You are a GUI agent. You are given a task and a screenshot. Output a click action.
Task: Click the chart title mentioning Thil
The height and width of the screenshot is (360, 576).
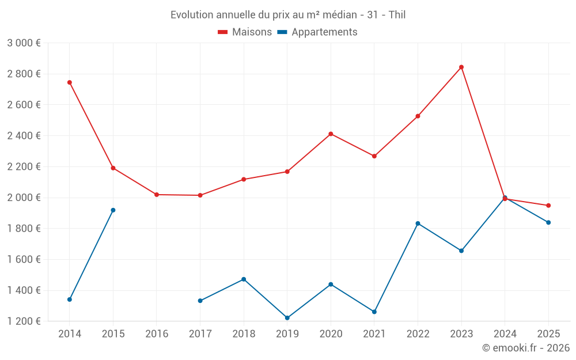288,14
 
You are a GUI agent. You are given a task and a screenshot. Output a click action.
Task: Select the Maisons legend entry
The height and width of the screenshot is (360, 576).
245,32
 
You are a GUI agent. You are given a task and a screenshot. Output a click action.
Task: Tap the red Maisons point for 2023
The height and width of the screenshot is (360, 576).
461,67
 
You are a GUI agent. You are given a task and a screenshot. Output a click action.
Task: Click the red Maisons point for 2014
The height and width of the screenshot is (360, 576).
70,82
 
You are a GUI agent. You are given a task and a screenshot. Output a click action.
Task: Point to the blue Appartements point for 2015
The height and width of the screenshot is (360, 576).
113,210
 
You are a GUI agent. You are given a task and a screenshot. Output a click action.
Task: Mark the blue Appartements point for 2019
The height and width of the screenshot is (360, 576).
287,318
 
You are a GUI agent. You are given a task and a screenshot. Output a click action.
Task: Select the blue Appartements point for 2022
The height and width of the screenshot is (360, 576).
418,223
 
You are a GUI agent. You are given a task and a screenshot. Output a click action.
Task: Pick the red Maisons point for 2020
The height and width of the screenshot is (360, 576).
331,134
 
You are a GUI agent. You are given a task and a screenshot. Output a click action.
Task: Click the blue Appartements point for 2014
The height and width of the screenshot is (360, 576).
70,300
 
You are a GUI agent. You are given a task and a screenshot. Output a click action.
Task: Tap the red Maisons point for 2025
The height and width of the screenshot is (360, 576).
548,206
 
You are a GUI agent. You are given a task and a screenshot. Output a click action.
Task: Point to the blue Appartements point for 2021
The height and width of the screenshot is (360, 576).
374,312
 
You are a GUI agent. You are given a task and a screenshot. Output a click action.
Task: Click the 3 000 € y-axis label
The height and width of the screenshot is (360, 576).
24,43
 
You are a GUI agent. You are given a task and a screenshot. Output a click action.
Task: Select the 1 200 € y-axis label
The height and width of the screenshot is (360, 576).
24,321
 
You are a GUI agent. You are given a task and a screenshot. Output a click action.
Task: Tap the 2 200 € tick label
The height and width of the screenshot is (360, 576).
24,167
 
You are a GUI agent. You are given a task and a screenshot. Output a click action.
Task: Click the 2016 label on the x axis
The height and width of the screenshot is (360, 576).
157,334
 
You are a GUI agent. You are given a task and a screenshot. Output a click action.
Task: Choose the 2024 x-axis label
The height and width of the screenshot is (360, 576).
505,334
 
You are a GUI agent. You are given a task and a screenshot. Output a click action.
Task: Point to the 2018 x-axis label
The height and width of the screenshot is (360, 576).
244,334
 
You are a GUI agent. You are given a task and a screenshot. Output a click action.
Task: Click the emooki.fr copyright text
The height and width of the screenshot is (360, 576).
525,348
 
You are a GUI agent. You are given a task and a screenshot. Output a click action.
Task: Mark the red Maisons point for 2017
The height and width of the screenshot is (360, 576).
200,195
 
